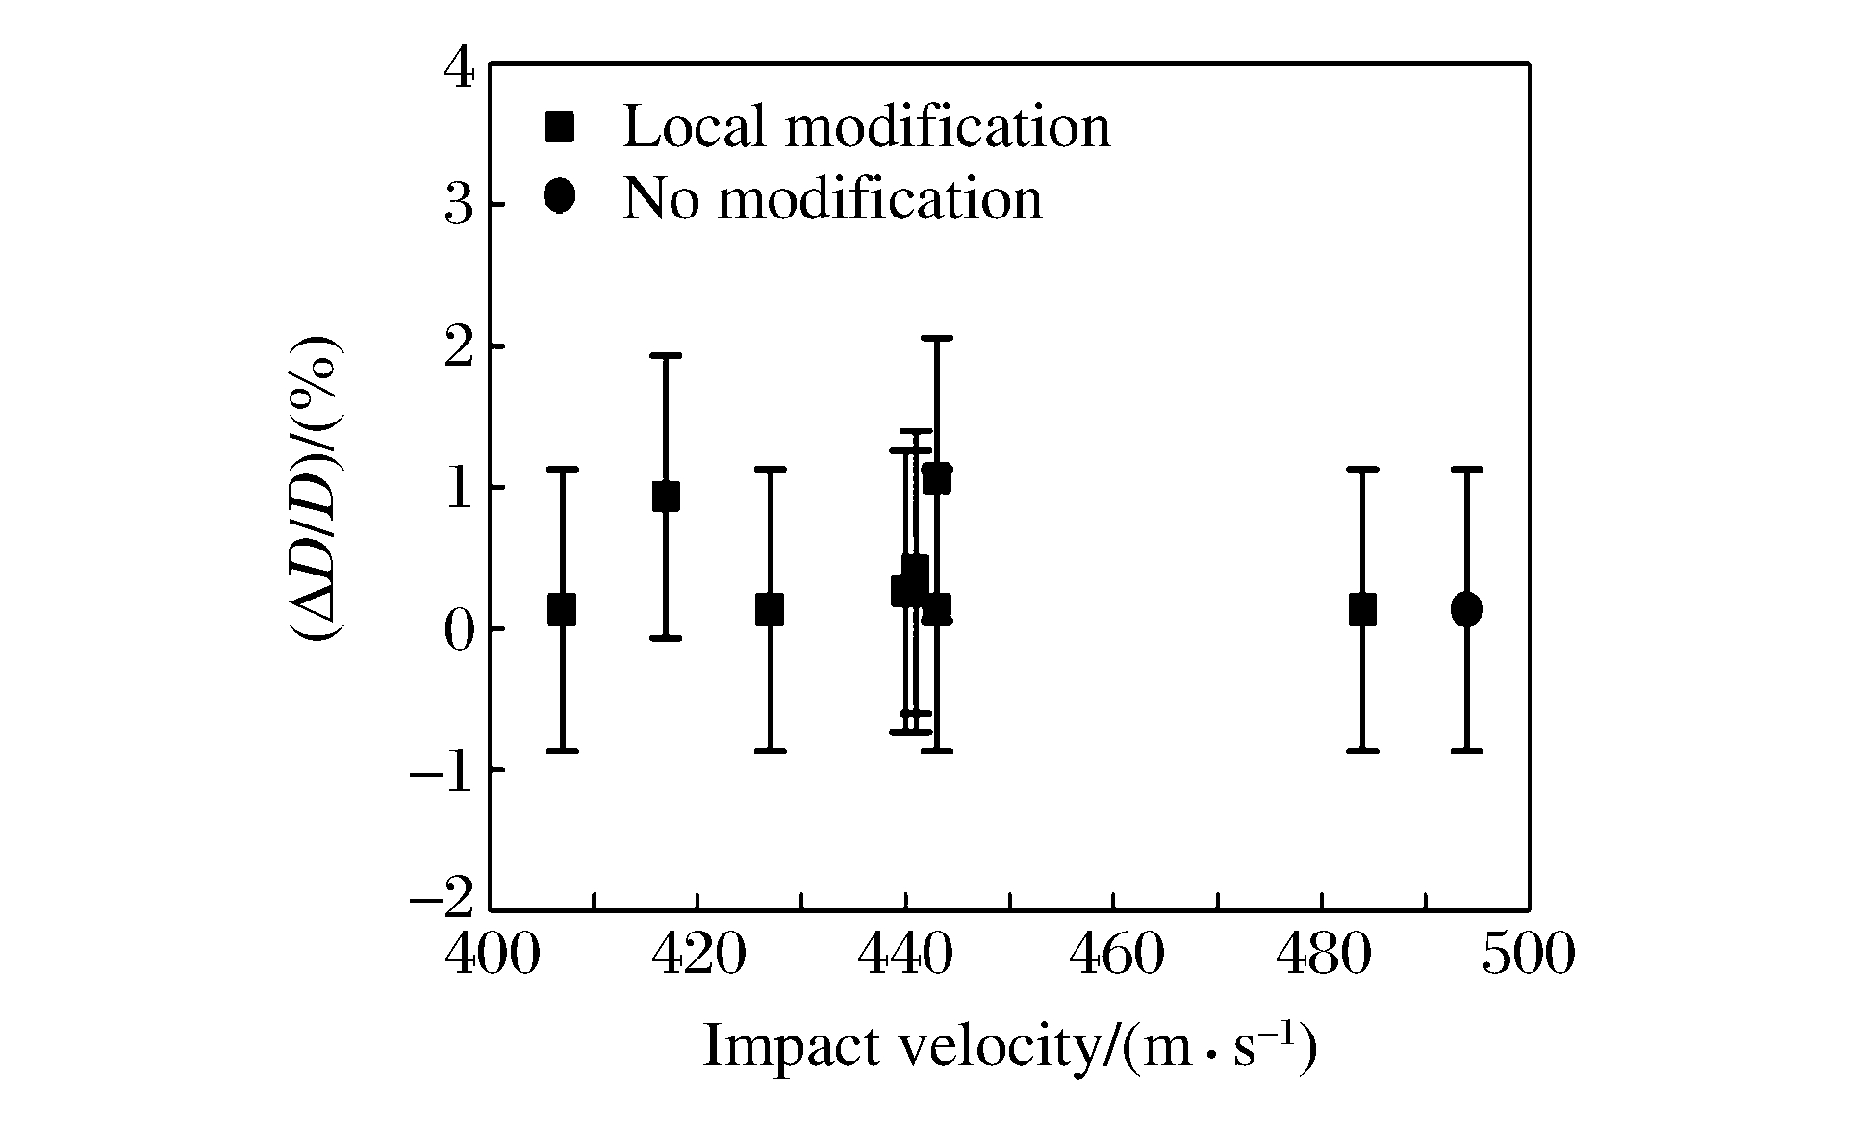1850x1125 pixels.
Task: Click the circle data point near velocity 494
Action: point(1466,609)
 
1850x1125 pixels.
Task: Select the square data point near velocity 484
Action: point(1362,609)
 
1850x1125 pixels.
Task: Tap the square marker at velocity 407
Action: point(562,609)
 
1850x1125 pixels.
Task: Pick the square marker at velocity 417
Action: point(666,497)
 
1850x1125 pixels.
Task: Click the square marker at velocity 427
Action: point(770,609)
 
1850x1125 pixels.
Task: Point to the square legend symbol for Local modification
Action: point(559,126)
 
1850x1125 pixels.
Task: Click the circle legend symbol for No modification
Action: point(559,197)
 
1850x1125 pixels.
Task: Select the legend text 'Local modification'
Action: point(866,126)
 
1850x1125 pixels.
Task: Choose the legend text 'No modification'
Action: point(832,198)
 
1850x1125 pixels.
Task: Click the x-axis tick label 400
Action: point(491,956)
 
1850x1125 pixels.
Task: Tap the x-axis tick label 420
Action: point(697,956)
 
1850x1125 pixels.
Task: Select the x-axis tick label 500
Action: point(1528,956)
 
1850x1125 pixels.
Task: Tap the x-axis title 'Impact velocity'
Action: point(1008,1047)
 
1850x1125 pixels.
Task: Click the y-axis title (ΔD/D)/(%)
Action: point(318,489)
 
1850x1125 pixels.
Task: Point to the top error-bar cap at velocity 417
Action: point(666,355)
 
